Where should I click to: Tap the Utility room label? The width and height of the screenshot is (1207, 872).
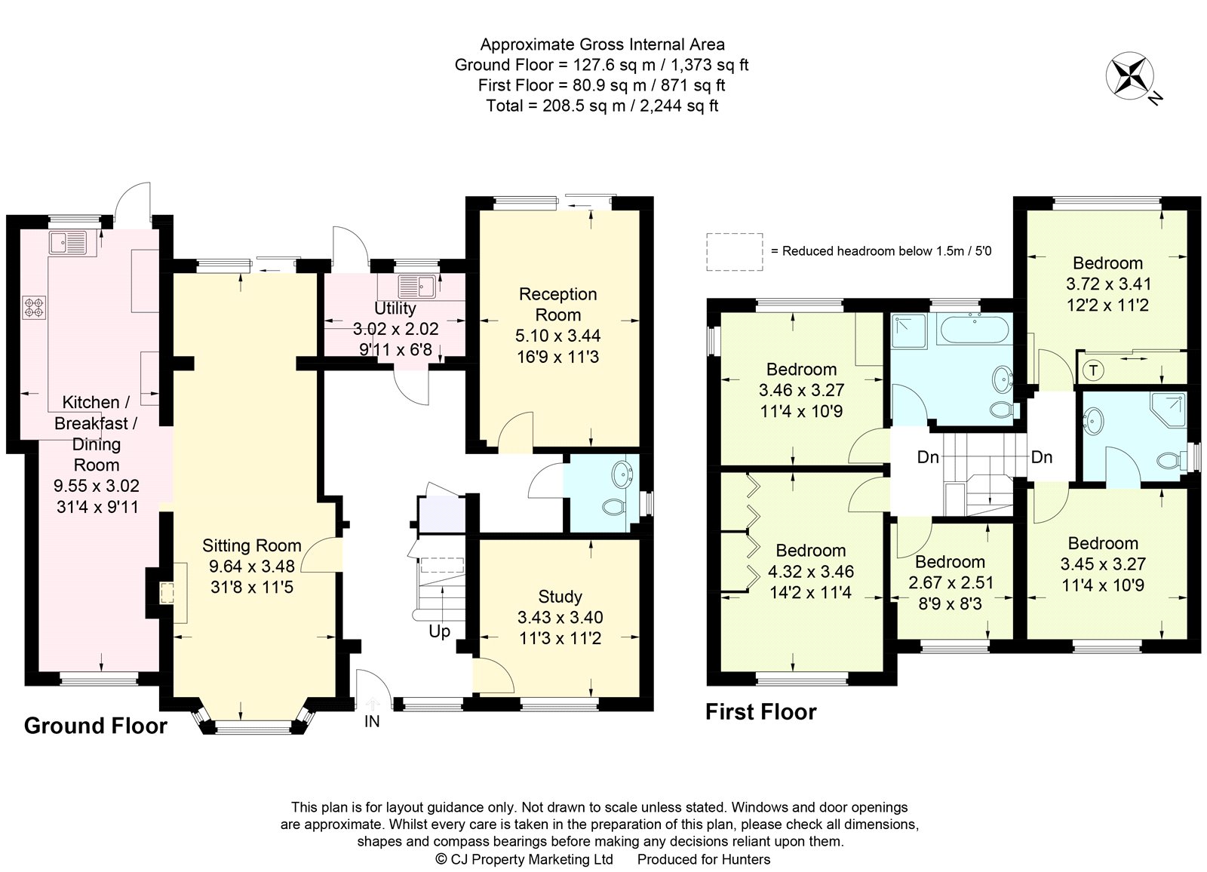click(395, 308)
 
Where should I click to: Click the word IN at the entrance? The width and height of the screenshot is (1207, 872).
click(372, 721)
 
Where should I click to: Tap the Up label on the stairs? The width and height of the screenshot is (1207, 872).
click(439, 631)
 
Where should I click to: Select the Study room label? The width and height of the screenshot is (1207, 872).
click(560, 597)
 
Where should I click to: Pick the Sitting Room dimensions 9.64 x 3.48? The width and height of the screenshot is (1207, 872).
click(251, 566)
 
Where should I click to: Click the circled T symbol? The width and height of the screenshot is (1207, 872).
click(1092, 370)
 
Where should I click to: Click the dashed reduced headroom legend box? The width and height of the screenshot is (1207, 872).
click(734, 251)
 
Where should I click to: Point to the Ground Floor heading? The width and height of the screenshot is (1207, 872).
click(96, 726)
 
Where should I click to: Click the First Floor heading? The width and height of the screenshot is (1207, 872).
click(760, 712)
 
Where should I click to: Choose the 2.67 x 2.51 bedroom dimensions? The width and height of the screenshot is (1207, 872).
click(950, 582)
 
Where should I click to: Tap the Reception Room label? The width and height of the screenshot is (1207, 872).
click(557, 304)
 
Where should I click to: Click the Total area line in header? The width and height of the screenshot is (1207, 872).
click(601, 106)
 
